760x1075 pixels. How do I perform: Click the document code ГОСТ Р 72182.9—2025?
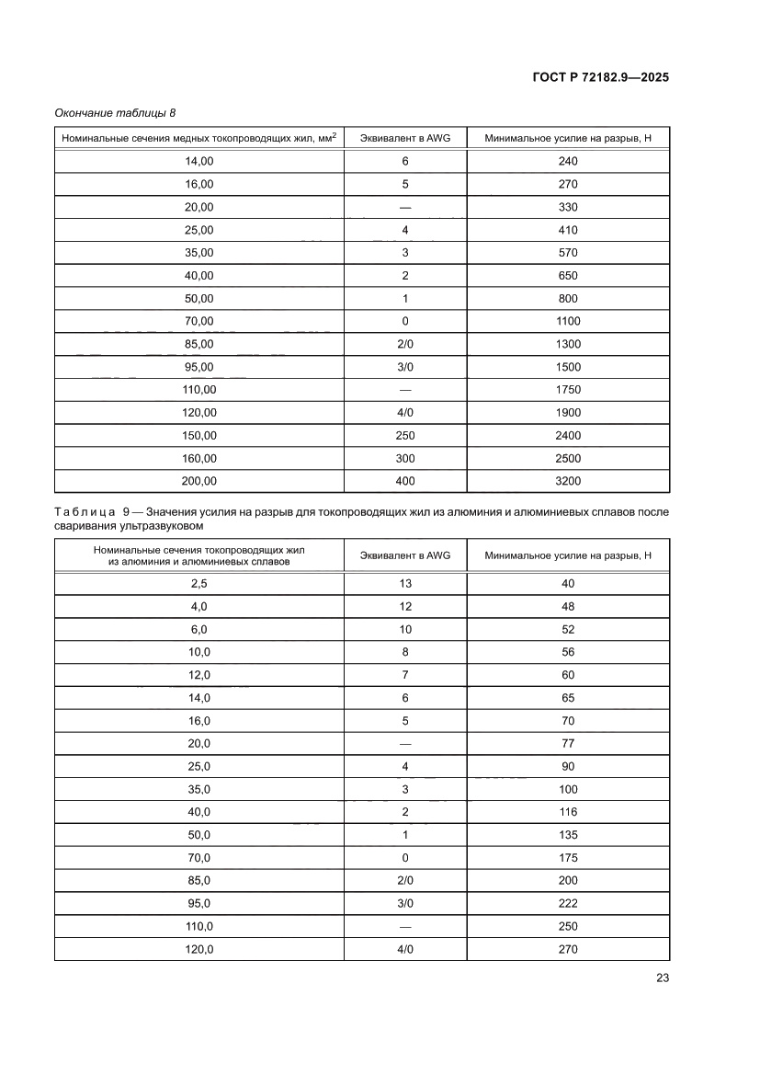pyautogui.click(x=600, y=77)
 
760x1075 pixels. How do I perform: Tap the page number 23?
pyautogui.click(x=663, y=978)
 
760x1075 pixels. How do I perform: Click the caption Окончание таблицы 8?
pyautogui.click(x=115, y=112)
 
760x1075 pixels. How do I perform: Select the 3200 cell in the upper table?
pyautogui.click(x=567, y=481)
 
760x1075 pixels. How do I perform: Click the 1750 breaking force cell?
pyautogui.click(x=567, y=390)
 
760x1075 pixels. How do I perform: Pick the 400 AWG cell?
pyautogui.click(x=405, y=481)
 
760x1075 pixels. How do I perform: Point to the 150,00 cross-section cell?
pyautogui.click(x=199, y=436)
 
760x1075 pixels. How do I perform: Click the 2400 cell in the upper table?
pyautogui.click(x=567, y=436)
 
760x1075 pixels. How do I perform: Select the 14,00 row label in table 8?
pyautogui.click(x=199, y=161)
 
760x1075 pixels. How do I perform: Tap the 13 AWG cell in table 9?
pyautogui.click(x=405, y=584)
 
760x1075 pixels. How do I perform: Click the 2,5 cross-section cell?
pyautogui.click(x=199, y=584)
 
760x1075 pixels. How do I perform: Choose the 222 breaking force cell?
pyautogui.click(x=567, y=903)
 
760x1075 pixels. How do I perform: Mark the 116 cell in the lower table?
pyautogui.click(x=567, y=812)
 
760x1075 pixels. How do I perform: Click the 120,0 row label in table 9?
pyautogui.click(x=199, y=949)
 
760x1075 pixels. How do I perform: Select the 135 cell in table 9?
pyautogui.click(x=567, y=835)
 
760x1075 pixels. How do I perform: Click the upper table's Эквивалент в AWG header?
pyautogui.click(x=405, y=138)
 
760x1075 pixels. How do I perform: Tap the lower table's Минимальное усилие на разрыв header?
pyautogui.click(x=567, y=555)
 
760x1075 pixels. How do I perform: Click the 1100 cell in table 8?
pyautogui.click(x=567, y=321)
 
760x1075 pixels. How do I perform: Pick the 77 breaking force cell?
pyautogui.click(x=567, y=743)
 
